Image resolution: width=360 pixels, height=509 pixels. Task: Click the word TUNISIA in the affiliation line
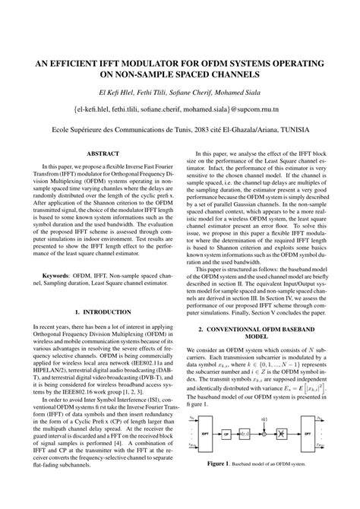(x=310, y=129)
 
